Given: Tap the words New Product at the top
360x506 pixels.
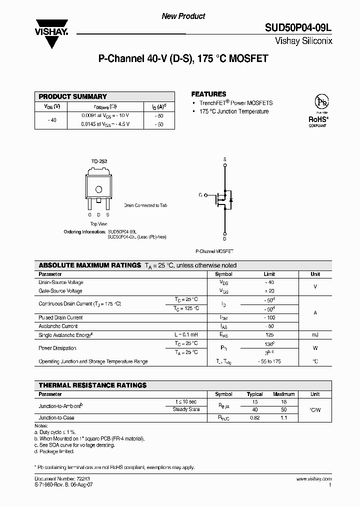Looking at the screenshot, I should click(183, 16).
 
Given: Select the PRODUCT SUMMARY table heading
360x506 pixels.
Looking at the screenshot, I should click(73, 96).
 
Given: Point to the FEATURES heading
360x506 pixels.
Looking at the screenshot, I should click(209, 94).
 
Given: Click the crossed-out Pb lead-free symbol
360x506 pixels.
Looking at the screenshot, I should click(320, 101).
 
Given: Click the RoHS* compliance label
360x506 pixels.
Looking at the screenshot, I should click(318, 119).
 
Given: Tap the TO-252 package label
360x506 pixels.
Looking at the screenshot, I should click(99, 161).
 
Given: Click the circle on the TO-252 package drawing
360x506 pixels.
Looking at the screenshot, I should click(99, 189).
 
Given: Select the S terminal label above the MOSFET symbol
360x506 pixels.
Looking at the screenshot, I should click(224, 159).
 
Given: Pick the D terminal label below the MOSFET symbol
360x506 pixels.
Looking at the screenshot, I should click(224, 239).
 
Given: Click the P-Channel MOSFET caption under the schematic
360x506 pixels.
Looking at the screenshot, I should click(214, 251).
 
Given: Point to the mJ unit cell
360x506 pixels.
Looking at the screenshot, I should click(315, 334).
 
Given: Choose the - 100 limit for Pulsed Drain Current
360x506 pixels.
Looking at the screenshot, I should click(270, 317).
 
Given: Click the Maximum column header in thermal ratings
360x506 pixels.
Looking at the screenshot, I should click(284, 394).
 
